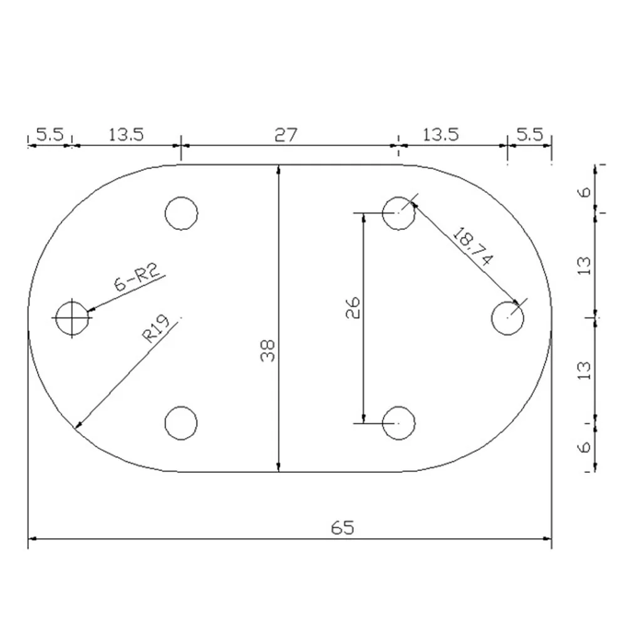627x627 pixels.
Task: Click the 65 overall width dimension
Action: [343, 528]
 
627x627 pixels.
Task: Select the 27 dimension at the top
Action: [286, 135]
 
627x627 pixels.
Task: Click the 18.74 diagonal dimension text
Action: [472, 246]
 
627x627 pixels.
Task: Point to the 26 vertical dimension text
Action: [353, 308]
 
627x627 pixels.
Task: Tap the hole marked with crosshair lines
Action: [72, 318]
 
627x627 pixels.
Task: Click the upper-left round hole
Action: [182, 213]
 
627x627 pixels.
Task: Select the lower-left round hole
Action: [181, 423]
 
